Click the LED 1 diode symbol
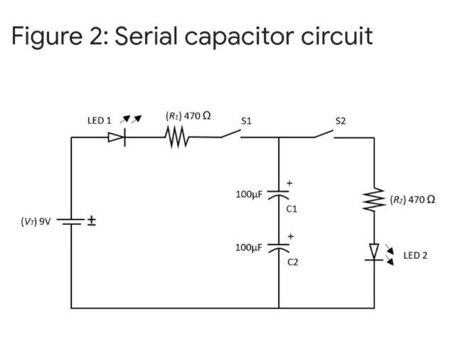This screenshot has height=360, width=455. (117, 138)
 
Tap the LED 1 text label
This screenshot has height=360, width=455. (99, 120)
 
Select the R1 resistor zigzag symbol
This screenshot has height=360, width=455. (176, 138)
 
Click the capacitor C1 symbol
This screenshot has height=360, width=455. (278, 198)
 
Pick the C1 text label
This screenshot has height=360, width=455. (291, 209)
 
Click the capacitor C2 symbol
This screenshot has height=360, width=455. (278, 249)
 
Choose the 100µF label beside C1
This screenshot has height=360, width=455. (249, 194)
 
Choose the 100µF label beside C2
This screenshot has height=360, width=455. (249, 247)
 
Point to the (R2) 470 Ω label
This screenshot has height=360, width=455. (412, 199)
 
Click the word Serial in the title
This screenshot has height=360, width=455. (145, 36)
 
